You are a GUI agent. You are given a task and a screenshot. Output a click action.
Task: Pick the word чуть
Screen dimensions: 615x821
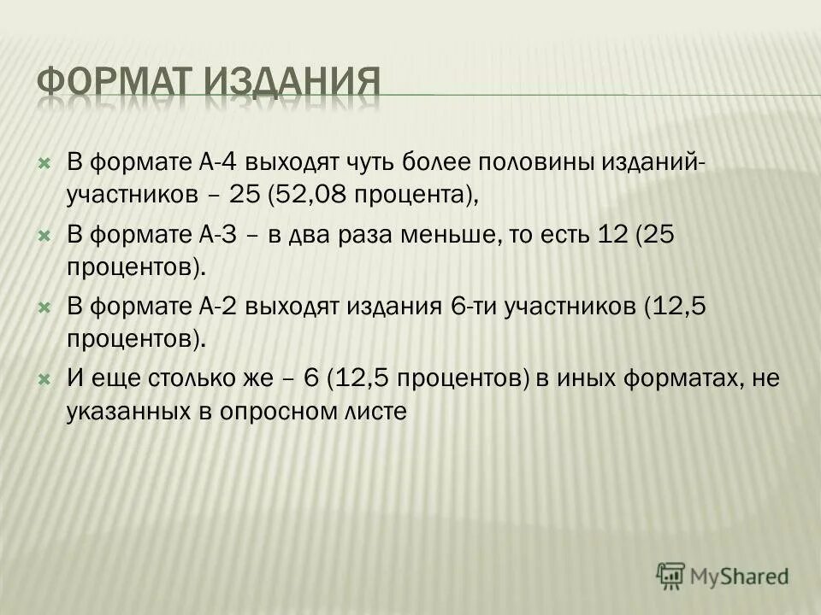[x=346, y=161]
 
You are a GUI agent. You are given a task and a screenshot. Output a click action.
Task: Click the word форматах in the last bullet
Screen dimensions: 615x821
[x=676, y=378]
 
